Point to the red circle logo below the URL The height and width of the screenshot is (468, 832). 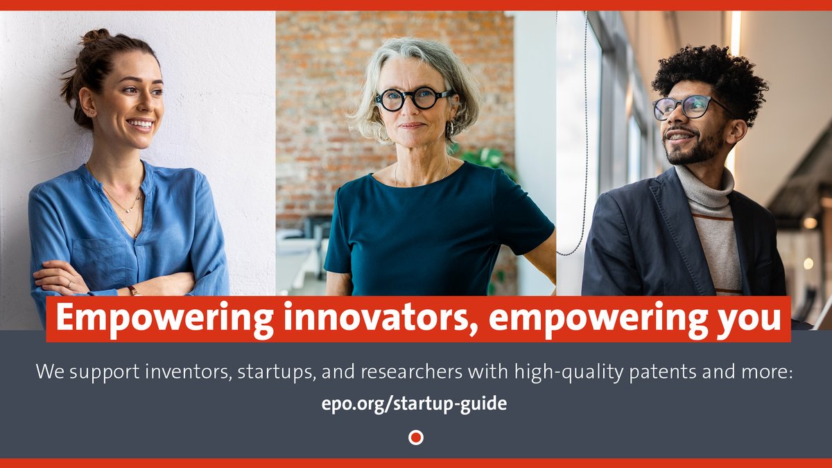(416, 437)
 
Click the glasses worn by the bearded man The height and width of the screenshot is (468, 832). (686, 107)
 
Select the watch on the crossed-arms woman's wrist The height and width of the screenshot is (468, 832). (132, 291)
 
